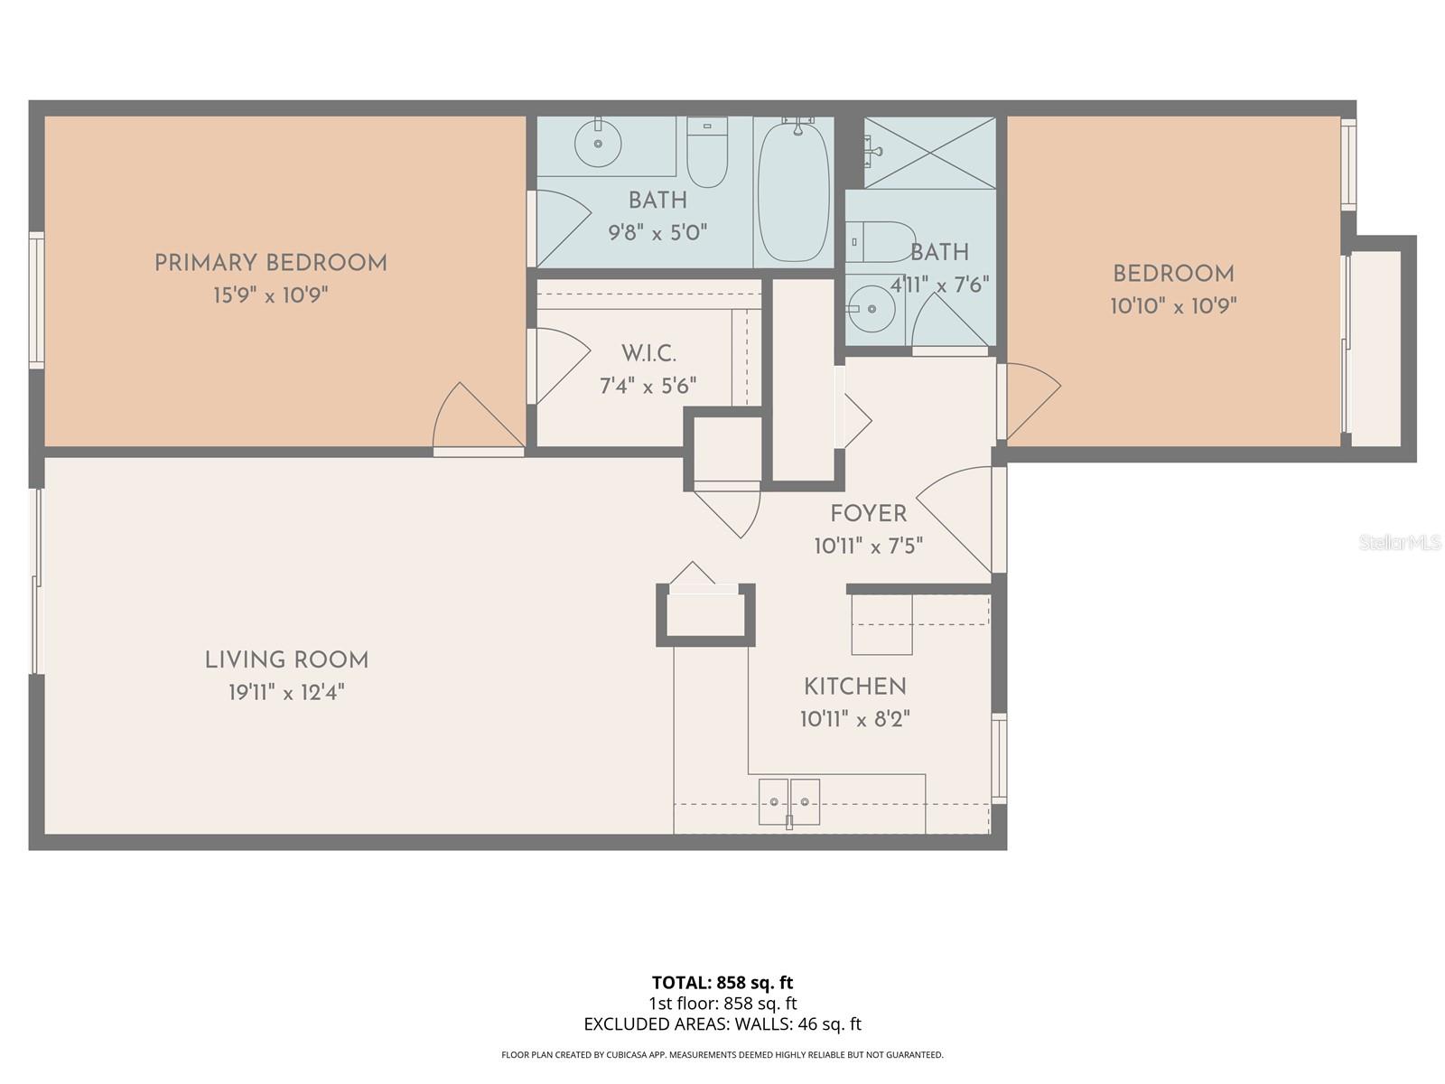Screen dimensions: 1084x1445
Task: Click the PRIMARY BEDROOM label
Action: click(x=270, y=263)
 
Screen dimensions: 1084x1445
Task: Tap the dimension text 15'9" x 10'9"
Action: click(x=270, y=295)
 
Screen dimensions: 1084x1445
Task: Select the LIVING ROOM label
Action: click(x=286, y=660)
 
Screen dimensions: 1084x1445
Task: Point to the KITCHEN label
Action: click(x=854, y=687)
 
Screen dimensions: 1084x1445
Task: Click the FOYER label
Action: click(x=868, y=514)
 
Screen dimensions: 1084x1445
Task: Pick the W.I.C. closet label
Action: click(x=648, y=353)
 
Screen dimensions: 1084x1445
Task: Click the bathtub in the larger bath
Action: click(x=793, y=192)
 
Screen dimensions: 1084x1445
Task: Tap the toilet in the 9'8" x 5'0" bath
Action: click(x=707, y=154)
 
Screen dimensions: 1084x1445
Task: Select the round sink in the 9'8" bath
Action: click(x=597, y=143)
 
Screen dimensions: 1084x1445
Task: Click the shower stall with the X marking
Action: click(x=929, y=153)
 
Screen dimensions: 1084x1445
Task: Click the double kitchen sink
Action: click(x=788, y=801)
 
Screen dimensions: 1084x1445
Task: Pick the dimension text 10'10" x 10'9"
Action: click(x=1172, y=306)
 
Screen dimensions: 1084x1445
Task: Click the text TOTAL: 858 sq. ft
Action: click(x=722, y=982)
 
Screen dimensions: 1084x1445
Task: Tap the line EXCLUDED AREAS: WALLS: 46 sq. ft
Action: click(x=722, y=1023)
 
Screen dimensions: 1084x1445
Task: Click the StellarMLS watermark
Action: click(x=1400, y=543)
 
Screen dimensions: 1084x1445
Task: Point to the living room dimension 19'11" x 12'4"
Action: click(x=286, y=693)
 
